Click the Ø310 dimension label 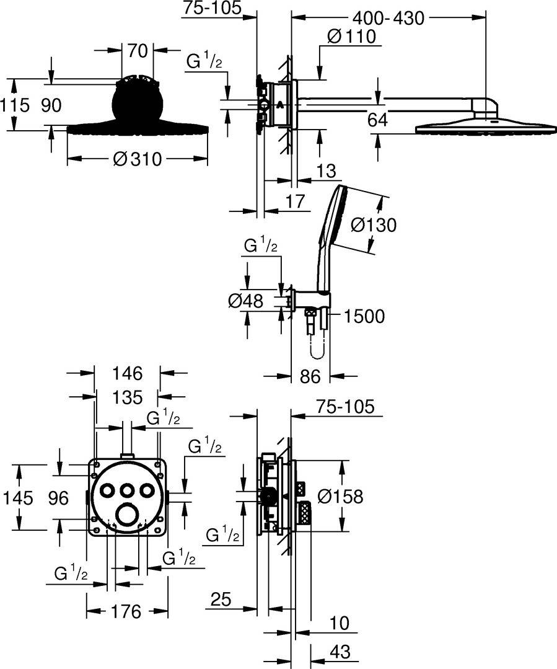137,159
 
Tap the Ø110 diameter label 352,37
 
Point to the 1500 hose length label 364,316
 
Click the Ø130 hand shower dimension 373,224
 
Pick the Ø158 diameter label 339,496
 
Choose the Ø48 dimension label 246,301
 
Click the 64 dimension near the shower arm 378,120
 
